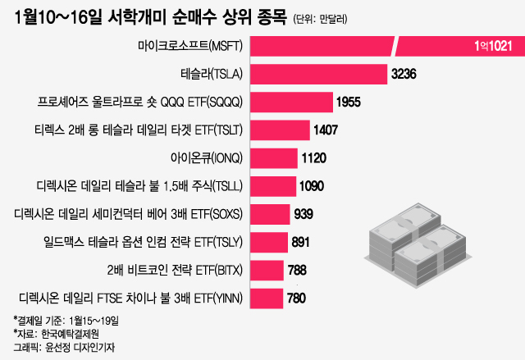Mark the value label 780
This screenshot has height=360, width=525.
point(296,298)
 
